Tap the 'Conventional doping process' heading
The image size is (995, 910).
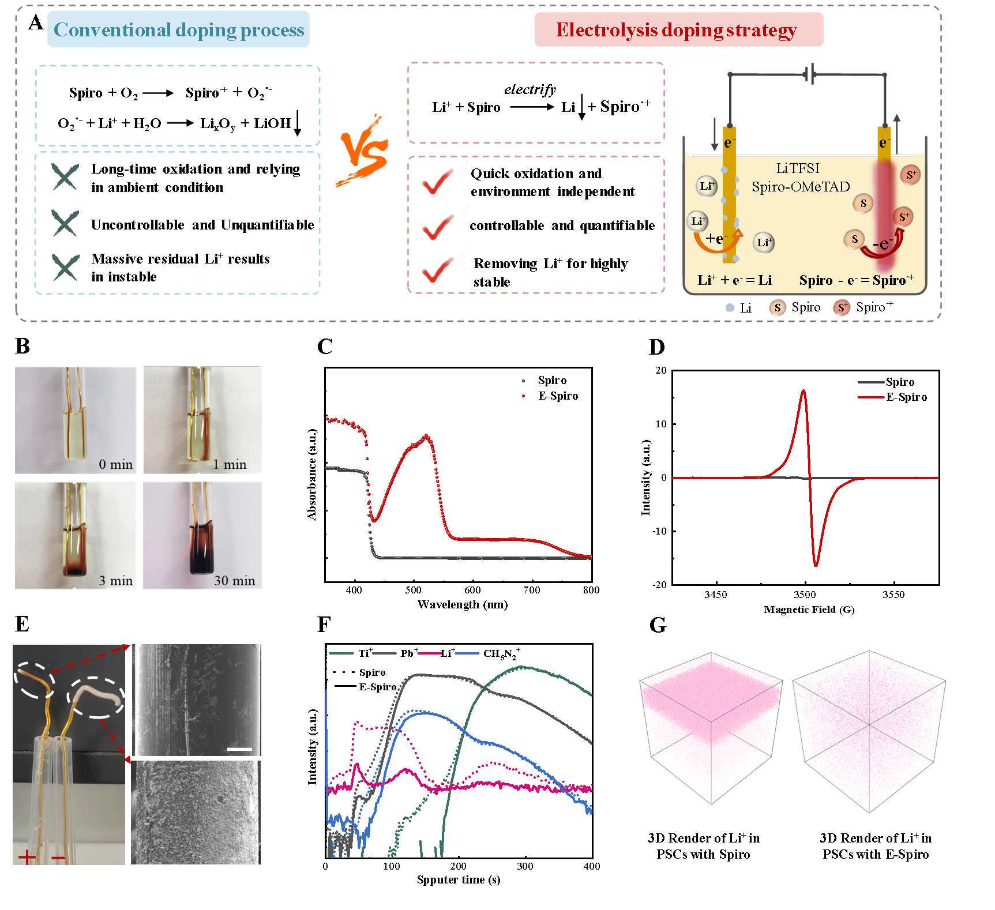pyautogui.click(x=179, y=29)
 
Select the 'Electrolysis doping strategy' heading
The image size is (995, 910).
pyautogui.click(x=676, y=29)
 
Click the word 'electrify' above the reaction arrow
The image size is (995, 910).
pyautogui.click(x=530, y=89)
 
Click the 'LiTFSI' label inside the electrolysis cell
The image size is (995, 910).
pyautogui.click(x=798, y=168)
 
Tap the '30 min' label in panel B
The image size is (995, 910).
pyautogui.click(x=235, y=581)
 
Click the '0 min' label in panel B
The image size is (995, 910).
pyautogui.click(x=115, y=464)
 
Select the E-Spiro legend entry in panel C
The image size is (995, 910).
pyautogui.click(x=550, y=396)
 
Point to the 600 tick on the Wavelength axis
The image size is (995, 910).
pyautogui.click(x=472, y=590)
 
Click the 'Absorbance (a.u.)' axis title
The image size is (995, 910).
pyautogui.click(x=312, y=474)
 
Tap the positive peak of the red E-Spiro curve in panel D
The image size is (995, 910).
pyautogui.click(x=803, y=390)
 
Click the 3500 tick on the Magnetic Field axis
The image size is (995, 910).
pyautogui.click(x=805, y=595)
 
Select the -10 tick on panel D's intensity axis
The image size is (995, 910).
pyautogui.click(x=659, y=531)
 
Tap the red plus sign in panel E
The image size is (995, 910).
pyautogui.click(x=27, y=858)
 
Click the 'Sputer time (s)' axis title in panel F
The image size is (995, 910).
pyautogui.click(x=459, y=879)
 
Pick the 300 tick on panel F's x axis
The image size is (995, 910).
pyautogui.click(x=525, y=866)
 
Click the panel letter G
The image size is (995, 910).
pyautogui.click(x=658, y=625)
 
